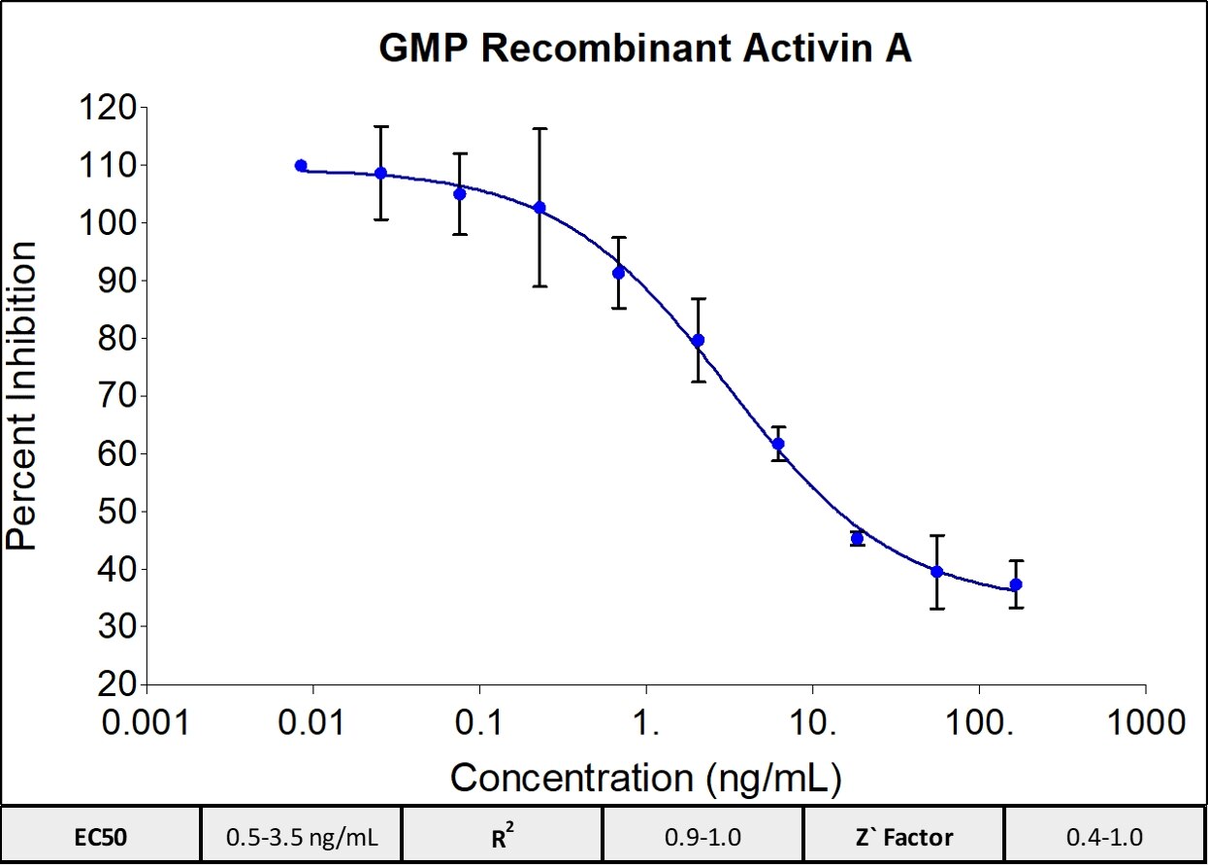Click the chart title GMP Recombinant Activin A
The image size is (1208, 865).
pyautogui.click(x=644, y=50)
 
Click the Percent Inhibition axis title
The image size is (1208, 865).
pyautogui.click(x=22, y=395)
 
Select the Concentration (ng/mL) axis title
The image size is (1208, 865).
pyautogui.click(x=645, y=777)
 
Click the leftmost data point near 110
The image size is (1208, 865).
pyautogui.click(x=301, y=166)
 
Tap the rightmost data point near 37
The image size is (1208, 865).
pyautogui.click(x=1016, y=584)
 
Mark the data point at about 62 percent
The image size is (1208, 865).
pyautogui.click(x=777, y=444)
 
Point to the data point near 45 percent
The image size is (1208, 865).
pyautogui.click(x=857, y=538)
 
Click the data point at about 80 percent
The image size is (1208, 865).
pyautogui.click(x=698, y=340)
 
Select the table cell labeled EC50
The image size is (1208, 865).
pyautogui.click(x=101, y=836)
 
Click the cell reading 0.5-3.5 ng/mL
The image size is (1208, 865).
pyautogui.click(x=301, y=836)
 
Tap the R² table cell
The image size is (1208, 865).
pyautogui.click(x=502, y=836)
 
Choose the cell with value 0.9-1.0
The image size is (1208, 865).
pyautogui.click(x=702, y=836)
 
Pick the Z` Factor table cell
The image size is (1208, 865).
pyautogui.click(x=903, y=836)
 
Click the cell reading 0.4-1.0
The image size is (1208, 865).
pyautogui.click(x=1104, y=836)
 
